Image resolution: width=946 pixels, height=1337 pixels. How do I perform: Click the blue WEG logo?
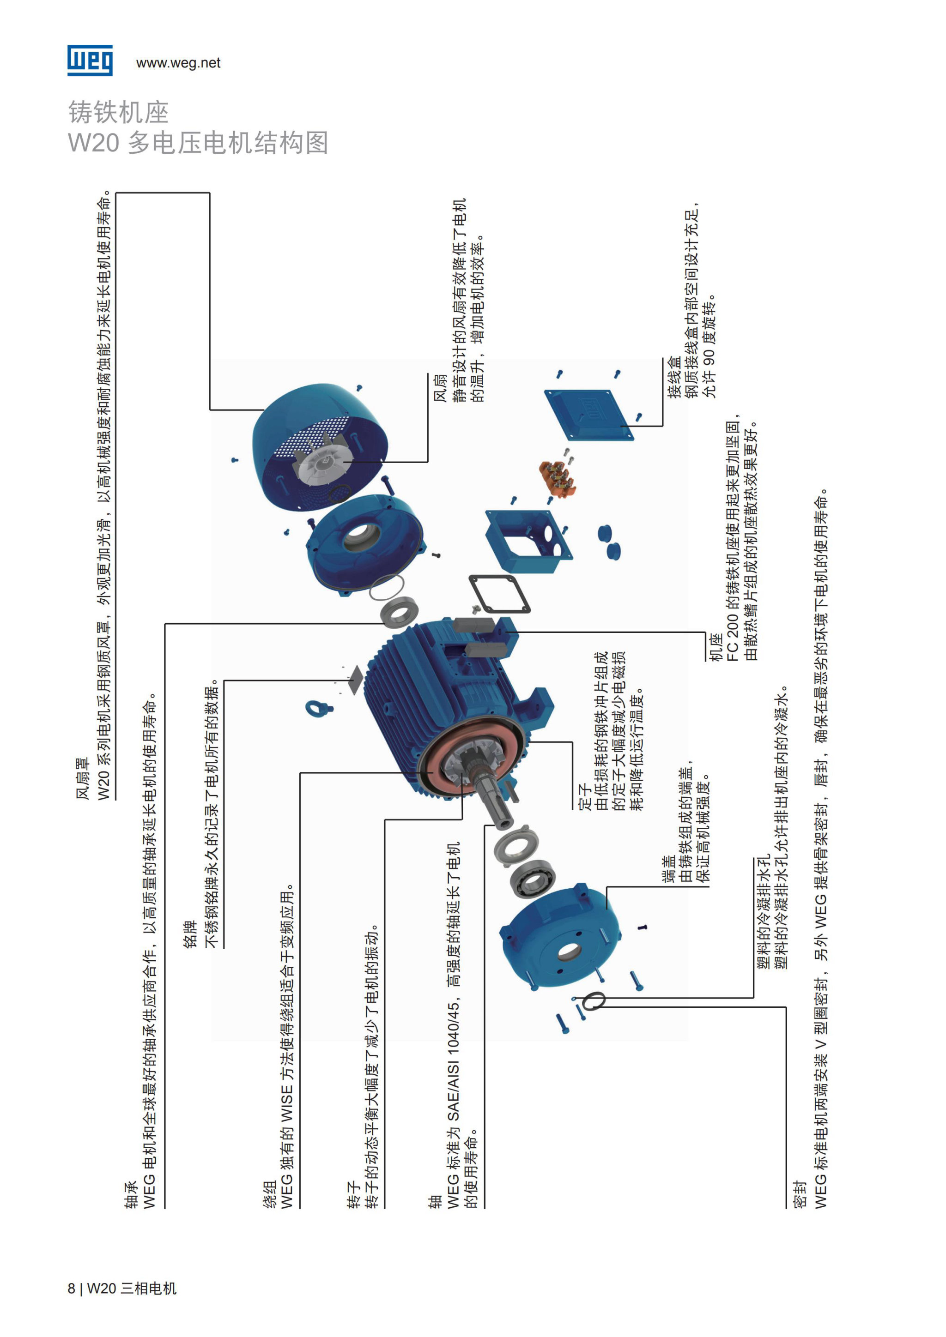(90, 60)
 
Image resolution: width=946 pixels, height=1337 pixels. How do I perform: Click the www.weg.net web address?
(178, 63)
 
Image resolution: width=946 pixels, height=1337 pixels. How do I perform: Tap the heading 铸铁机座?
(119, 112)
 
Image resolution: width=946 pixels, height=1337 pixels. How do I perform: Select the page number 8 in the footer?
(71, 1288)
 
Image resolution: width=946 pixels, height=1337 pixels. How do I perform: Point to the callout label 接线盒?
(674, 377)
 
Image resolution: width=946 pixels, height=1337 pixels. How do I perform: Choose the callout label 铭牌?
(190, 934)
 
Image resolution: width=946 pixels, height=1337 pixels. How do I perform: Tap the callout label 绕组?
(269, 1194)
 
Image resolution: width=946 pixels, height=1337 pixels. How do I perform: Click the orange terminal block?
(558, 479)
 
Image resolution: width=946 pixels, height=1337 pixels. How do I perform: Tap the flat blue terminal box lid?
(587, 415)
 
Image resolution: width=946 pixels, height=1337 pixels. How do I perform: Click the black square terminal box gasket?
(499, 594)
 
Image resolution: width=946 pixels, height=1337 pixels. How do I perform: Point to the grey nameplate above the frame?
(355, 680)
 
